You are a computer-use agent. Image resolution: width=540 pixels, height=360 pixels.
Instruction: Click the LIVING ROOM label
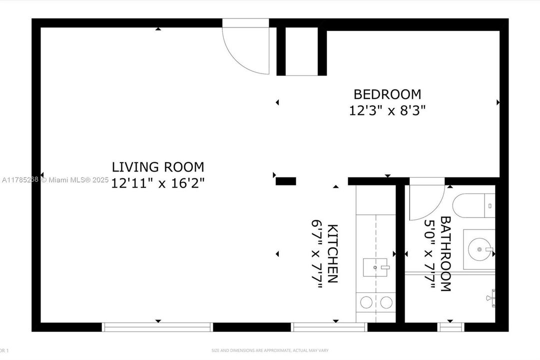click(x=157, y=167)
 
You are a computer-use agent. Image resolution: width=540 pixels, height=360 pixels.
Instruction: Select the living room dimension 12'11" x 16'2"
click(x=157, y=183)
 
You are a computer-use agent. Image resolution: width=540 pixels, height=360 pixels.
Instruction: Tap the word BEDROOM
click(x=387, y=94)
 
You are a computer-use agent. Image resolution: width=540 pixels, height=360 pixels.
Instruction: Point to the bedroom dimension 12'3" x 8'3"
click(x=387, y=110)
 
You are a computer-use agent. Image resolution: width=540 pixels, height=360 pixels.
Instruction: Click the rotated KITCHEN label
click(x=333, y=253)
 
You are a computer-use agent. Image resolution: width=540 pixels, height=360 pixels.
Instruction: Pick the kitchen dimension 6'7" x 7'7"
click(x=317, y=253)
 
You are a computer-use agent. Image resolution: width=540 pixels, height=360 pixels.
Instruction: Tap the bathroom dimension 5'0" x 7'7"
click(x=429, y=253)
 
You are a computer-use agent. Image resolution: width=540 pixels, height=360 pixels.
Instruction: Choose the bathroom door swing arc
click(x=426, y=202)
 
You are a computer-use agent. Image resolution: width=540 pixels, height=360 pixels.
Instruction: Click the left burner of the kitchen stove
click(x=367, y=302)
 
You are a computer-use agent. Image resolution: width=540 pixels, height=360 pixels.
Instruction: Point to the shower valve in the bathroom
click(x=491, y=298)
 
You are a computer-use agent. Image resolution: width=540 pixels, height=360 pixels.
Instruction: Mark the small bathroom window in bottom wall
click(x=451, y=327)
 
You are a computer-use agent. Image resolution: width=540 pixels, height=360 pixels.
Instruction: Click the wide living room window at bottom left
click(x=157, y=327)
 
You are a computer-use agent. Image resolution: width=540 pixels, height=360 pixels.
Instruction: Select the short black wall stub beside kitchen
click(x=286, y=181)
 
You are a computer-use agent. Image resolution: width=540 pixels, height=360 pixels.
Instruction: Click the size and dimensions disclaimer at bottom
click(x=270, y=350)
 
